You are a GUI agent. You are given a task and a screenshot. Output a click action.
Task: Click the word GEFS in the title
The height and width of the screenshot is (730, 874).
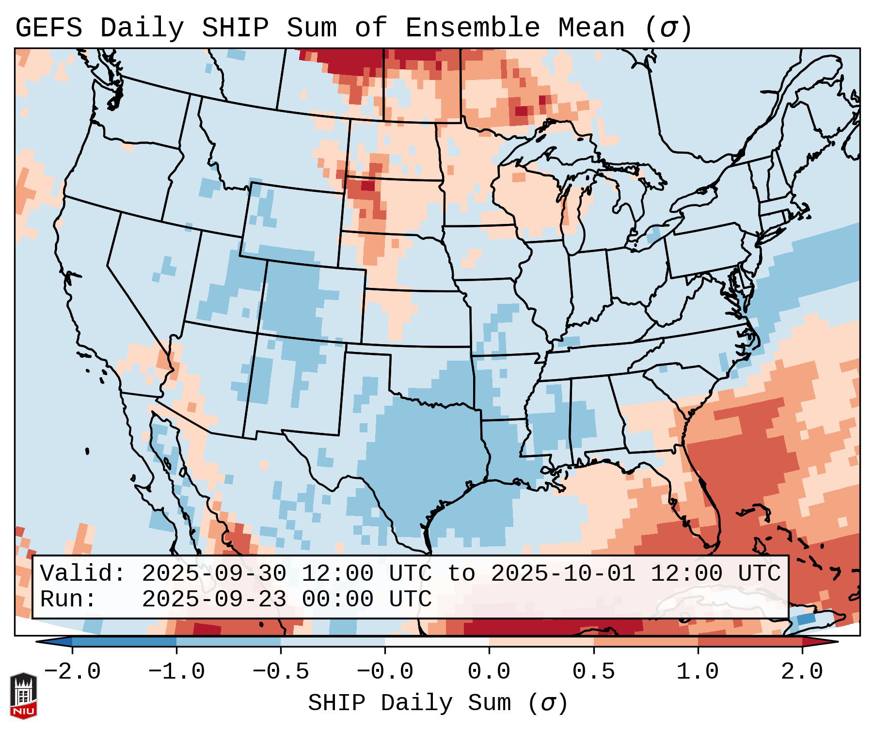[48, 28]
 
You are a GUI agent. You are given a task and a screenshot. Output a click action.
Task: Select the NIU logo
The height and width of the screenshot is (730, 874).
[23, 696]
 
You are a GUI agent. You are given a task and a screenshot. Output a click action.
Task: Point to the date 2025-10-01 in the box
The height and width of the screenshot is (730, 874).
[563, 574]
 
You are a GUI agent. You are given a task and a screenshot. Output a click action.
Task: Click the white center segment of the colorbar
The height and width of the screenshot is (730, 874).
[437, 642]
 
